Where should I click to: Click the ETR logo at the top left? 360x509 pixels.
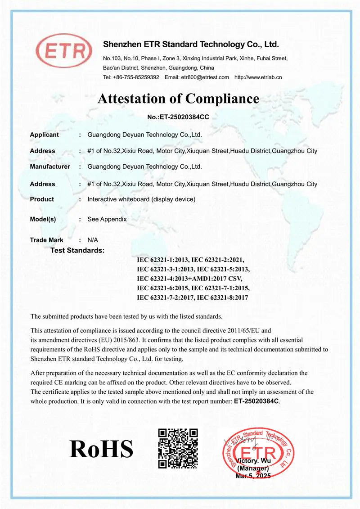[x=63, y=53]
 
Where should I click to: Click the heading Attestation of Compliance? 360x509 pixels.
[x=178, y=99]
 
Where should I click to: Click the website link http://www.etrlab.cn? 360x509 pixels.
[x=258, y=77]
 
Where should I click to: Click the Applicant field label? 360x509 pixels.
[x=44, y=135]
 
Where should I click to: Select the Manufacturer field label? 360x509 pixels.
[x=50, y=167]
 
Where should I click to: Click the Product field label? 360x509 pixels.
[x=42, y=199]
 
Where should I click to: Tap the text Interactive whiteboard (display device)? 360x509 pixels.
[x=141, y=199]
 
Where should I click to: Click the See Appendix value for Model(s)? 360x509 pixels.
[x=107, y=219]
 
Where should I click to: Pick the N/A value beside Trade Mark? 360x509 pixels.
[x=93, y=240]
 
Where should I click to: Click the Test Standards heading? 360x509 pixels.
[x=77, y=250]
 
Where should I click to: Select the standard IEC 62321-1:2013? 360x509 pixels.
[x=162, y=259]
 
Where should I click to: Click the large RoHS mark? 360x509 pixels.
[x=101, y=449]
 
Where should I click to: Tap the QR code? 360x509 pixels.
[x=178, y=448]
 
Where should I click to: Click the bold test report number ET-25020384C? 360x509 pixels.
[x=256, y=401]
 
